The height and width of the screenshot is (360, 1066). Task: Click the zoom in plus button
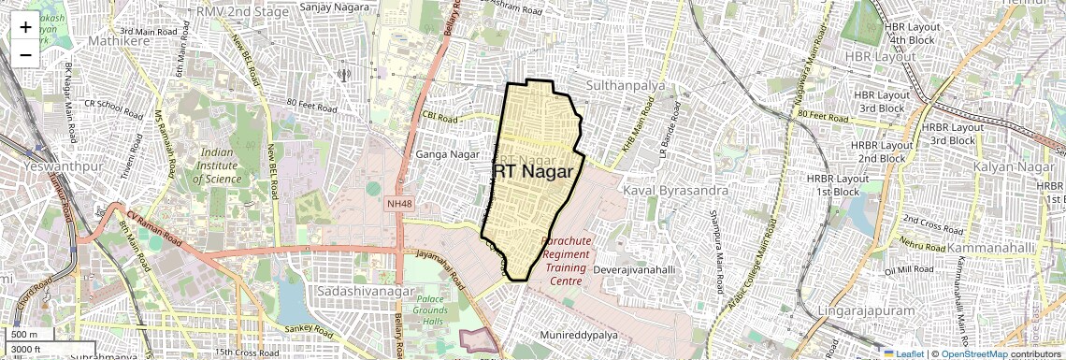click(x=25, y=26)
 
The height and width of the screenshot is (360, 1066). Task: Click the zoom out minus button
click(x=25, y=54)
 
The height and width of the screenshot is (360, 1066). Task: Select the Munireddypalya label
click(x=579, y=334)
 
